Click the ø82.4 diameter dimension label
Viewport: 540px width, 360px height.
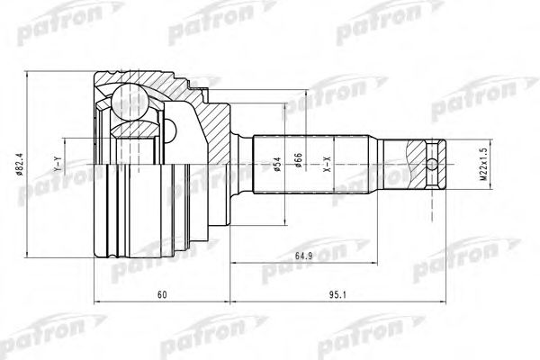tap(32, 163)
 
